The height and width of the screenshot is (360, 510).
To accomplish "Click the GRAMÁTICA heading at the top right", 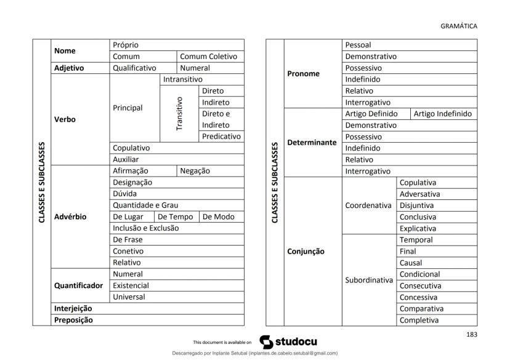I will pos(459,26).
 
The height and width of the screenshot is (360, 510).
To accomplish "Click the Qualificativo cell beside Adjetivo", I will pos(134,68).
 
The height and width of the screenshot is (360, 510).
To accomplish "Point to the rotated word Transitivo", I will pos(179,113).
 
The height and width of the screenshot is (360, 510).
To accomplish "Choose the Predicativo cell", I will pos(221,137).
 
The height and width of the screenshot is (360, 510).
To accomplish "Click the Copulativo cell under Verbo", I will pos(132,148).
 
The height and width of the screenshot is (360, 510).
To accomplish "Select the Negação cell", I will pos(195,171).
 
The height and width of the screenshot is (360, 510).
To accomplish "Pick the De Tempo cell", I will pos(176,217).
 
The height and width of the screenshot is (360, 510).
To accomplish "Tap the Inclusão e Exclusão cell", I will pos(146,228).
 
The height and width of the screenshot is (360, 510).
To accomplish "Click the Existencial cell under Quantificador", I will pos(130,286).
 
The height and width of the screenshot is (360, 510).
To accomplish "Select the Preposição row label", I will pos(73,320).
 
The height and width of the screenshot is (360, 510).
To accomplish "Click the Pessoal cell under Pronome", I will pos(358,45).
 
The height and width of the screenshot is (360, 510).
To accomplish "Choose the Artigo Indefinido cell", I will pos(442,114).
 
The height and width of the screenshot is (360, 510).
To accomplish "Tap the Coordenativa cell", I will pos(368,206).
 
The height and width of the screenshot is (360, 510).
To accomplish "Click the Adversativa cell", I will pos(419,194).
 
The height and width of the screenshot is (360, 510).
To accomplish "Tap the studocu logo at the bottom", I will pos(288,341).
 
